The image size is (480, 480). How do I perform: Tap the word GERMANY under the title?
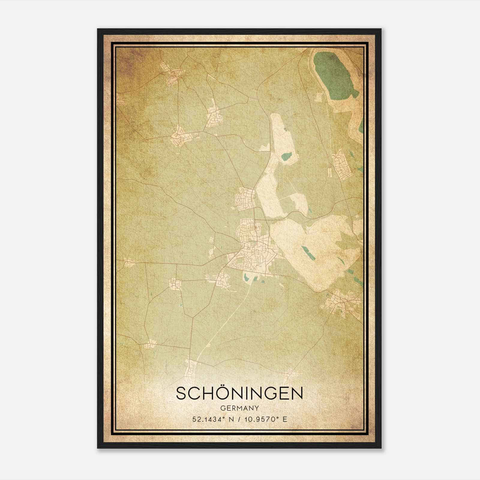point(239,408)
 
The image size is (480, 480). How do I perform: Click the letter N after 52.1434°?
point(230,419)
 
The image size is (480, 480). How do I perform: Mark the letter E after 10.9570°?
point(285,419)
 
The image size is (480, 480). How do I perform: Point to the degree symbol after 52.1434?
point(223,417)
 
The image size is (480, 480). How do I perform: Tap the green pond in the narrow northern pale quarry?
point(286,157)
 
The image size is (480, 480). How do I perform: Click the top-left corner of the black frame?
point(98,29)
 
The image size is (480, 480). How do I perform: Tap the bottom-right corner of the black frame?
point(381,448)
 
